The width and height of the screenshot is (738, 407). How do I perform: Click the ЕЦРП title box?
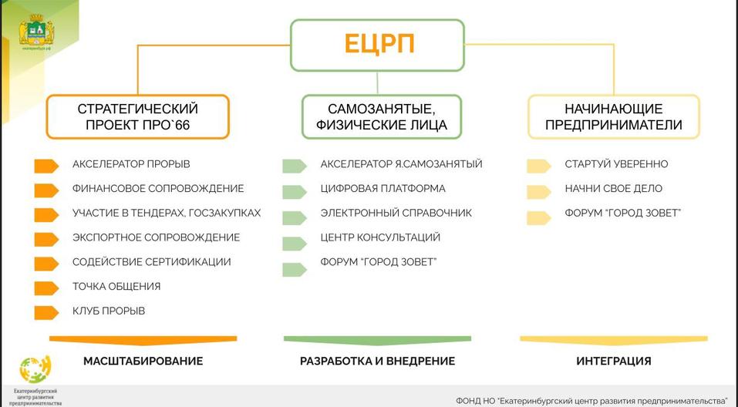point(377,45)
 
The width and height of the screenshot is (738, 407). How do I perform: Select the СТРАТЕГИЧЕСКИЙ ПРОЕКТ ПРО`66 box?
point(138,116)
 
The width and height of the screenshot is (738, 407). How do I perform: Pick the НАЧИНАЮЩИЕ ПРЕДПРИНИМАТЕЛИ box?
point(613,116)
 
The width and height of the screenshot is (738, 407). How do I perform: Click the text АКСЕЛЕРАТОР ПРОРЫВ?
point(131,164)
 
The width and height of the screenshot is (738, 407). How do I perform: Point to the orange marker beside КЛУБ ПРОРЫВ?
point(46,311)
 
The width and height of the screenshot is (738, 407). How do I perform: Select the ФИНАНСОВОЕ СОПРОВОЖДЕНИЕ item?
point(157,188)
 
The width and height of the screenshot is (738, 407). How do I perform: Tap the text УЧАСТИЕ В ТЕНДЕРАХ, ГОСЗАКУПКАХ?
point(167,213)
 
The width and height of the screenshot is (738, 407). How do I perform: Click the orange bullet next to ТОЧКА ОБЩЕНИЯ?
point(46,287)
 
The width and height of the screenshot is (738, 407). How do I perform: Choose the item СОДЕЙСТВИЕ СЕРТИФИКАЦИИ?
point(151,262)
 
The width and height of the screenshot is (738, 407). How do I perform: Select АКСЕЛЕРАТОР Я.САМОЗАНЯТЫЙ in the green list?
point(401,164)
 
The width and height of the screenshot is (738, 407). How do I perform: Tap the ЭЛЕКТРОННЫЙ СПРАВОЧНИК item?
point(396,213)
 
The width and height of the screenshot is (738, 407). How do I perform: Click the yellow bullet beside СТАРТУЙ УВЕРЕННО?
point(538,164)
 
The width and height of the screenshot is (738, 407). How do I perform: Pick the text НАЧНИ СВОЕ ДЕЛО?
point(613,188)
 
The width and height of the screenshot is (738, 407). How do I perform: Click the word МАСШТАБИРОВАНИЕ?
point(143,361)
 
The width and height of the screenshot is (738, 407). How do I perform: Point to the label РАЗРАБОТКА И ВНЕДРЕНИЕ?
point(377,361)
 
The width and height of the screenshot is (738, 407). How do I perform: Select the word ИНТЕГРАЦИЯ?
point(613,361)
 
